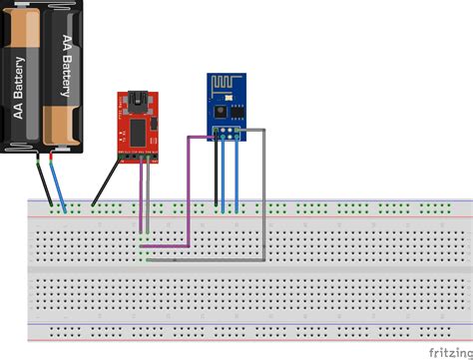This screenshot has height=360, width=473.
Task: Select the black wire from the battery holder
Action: click(x=44, y=184)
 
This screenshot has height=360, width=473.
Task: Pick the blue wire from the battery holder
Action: click(x=59, y=185)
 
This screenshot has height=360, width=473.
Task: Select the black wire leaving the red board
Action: click(x=104, y=183)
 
